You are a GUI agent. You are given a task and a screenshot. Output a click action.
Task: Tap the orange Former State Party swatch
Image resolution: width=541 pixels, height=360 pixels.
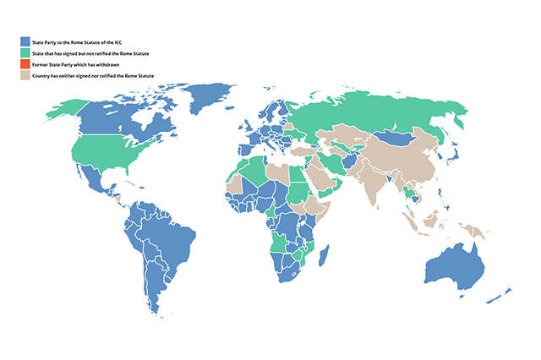25,64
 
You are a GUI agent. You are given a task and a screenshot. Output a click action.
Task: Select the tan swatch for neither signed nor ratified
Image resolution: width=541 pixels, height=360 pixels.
25,76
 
